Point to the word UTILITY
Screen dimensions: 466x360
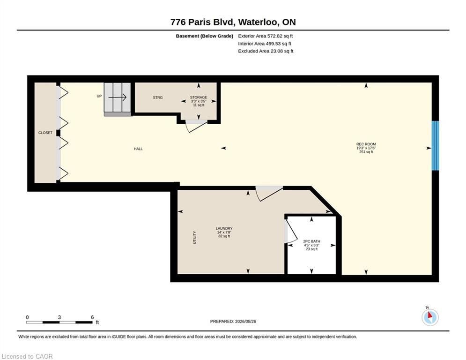point(195,237)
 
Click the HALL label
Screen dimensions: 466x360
point(138,149)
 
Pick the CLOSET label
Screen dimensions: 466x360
point(45,133)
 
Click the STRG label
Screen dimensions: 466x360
point(158,97)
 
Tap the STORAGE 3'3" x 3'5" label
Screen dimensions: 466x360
point(199,101)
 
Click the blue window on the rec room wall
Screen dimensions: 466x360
point(435,145)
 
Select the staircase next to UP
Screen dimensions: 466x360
point(118,99)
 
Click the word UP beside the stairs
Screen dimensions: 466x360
point(99,96)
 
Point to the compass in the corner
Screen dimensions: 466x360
point(430,316)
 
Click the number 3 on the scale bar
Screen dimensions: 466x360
point(59,317)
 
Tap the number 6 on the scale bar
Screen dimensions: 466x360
point(92,317)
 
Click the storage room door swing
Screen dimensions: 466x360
point(196,126)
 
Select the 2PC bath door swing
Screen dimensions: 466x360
point(291,231)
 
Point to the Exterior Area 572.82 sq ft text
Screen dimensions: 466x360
point(266,36)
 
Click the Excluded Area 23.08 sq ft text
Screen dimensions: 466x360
point(266,51)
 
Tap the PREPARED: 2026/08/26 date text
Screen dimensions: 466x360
point(233,321)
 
